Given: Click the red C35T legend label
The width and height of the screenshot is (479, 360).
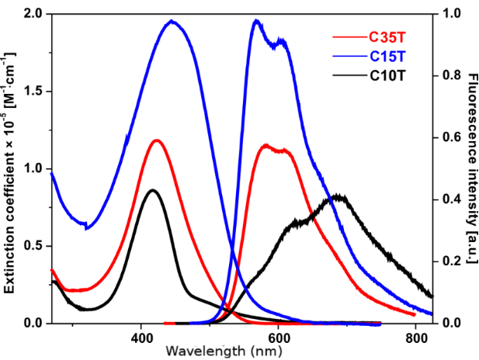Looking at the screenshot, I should [386, 36].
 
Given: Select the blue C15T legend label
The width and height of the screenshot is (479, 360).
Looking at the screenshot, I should [386, 56].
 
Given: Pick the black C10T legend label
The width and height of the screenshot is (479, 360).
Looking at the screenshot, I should [386, 76].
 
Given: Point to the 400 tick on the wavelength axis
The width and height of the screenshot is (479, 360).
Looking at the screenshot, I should [141, 338].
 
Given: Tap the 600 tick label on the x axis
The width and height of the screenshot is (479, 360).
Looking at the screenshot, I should [278, 338].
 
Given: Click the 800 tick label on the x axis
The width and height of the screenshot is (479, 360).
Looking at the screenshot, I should [415, 338].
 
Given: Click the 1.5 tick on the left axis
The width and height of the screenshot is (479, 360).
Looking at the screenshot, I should [33, 92].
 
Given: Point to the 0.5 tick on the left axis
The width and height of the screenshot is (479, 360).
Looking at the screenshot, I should [33, 246].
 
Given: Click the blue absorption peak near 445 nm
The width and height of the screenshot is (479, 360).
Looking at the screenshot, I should [172, 21].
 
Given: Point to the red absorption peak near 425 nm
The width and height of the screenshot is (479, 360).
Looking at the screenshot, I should [158, 140].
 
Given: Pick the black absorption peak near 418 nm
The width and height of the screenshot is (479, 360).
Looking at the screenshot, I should [153, 189].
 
